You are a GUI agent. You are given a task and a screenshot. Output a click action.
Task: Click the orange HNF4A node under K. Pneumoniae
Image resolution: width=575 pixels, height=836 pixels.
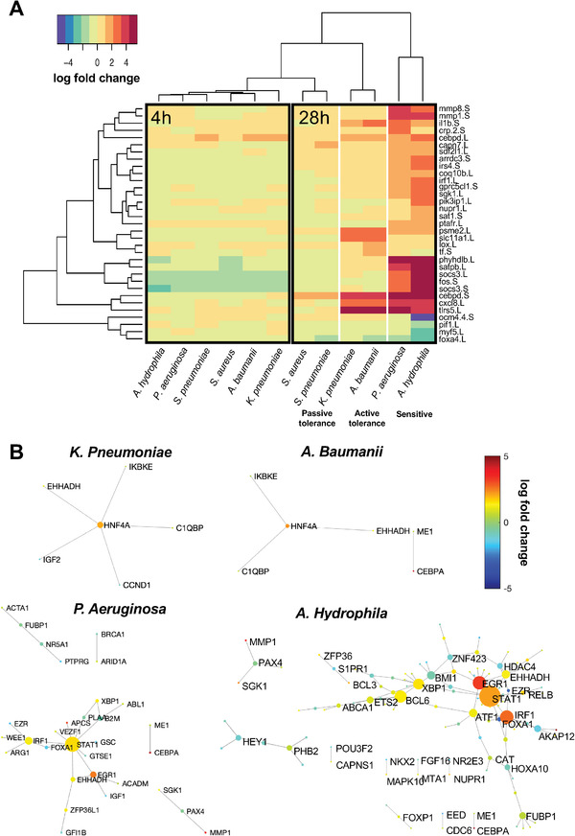tap(100, 525)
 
